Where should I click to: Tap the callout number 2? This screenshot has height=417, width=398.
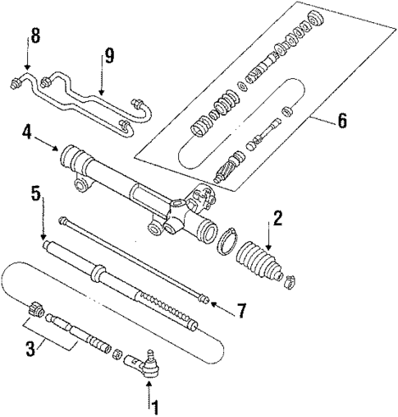tap(277, 218)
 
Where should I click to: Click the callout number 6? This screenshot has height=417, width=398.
tap(342, 120)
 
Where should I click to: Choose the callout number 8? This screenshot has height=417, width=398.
tap(33, 36)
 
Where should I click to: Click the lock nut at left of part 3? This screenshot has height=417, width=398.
tap(36, 310)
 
